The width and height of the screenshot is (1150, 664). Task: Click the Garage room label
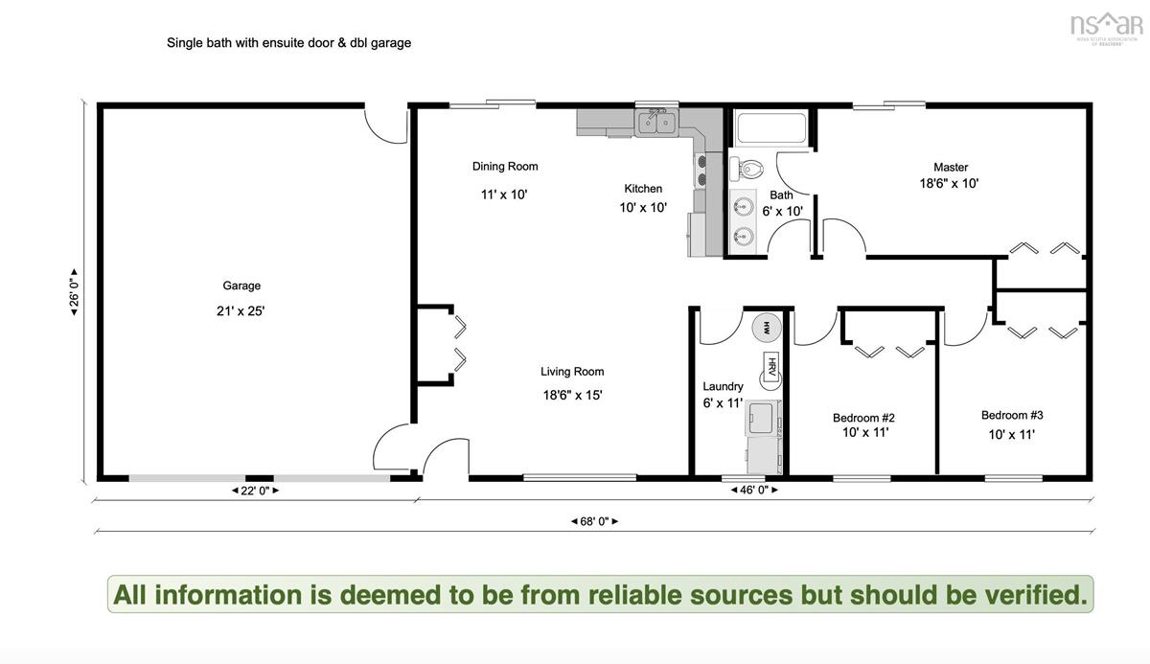point(241,286)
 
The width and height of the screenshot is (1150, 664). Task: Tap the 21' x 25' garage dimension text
point(241,311)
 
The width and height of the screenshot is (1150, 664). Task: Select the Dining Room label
point(505,167)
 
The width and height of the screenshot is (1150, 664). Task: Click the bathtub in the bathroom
point(771,127)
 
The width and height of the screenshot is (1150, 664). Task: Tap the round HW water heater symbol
point(767,327)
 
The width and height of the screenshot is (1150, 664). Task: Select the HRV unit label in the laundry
point(771,366)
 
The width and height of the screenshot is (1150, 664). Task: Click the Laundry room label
point(723,386)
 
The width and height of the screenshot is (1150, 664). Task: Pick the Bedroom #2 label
point(863,418)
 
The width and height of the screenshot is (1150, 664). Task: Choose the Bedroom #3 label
point(1012,415)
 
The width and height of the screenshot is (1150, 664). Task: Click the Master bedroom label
point(951,168)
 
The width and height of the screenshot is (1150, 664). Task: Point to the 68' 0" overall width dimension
point(594,521)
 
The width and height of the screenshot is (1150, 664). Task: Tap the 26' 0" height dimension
point(75,292)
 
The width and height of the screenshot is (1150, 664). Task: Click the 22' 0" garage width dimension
point(255,491)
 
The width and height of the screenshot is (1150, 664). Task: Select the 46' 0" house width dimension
point(754,490)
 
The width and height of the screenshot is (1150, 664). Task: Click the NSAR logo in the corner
point(1105,29)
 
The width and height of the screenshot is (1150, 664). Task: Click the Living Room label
point(572,372)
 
